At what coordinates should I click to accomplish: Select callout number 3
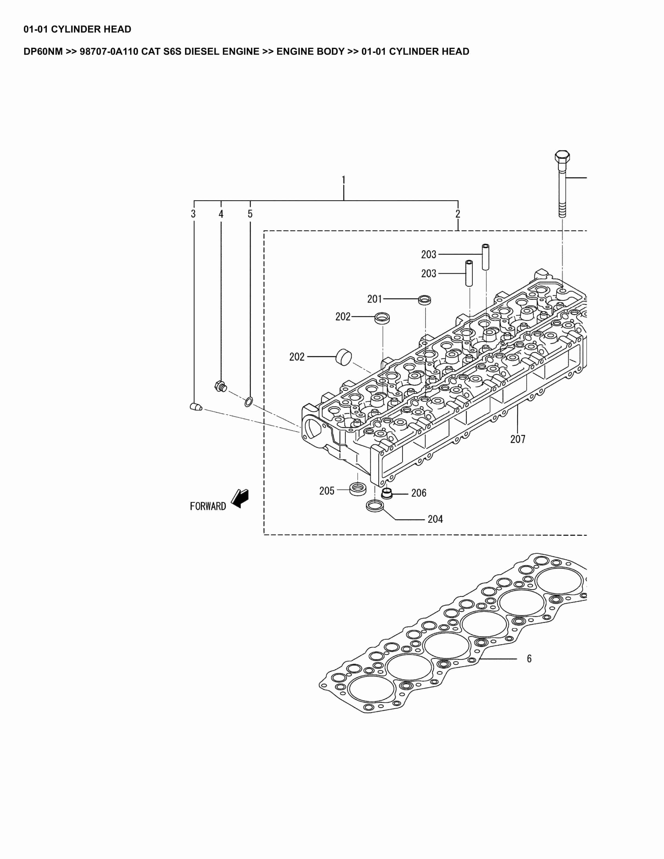[x=193, y=214]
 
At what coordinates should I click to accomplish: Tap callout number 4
[x=221, y=214]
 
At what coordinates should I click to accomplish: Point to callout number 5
[x=250, y=214]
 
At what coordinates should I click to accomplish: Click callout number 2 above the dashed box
[x=458, y=214]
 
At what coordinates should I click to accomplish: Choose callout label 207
[x=518, y=439]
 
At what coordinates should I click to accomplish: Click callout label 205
[x=327, y=491]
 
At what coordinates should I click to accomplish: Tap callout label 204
[x=435, y=520]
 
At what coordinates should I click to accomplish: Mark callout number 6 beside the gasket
[x=529, y=659]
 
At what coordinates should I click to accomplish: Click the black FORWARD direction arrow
[x=240, y=498]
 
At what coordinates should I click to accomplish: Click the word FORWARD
[x=208, y=507]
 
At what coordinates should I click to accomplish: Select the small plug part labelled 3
[x=196, y=407]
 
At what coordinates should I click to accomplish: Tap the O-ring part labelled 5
[x=249, y=402]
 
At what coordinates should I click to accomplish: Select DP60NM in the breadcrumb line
[x=43, y=52]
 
